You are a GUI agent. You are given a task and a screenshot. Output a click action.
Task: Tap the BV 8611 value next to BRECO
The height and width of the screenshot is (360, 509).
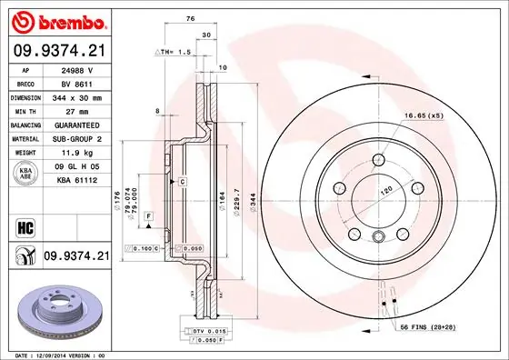coord(74,82)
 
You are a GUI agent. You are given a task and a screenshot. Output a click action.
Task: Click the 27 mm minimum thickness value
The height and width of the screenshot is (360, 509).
coord(73,110)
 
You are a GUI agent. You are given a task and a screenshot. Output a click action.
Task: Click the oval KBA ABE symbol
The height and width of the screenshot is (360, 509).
coord(26,173)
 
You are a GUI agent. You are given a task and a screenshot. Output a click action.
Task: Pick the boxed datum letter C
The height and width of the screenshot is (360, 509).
coord(182,183)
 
